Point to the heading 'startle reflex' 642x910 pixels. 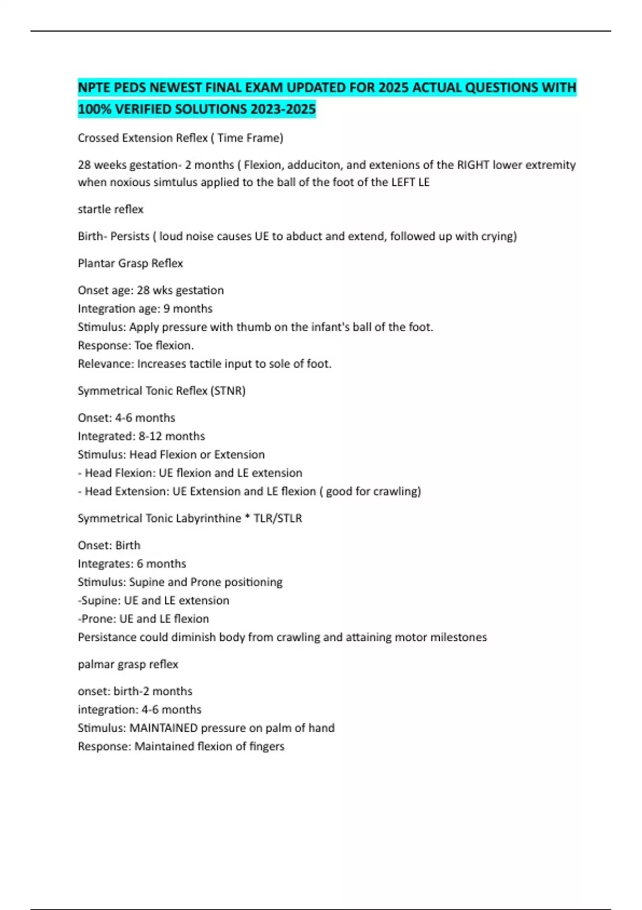pos(110,209)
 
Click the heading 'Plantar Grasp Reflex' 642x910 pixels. pos(130,263)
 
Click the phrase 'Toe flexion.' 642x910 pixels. pos(164,345)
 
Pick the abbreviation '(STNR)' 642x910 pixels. pos(228,391)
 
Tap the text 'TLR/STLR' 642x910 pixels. pos(278,518)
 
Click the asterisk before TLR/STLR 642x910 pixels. pos(247,518)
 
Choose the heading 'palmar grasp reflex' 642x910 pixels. pos(128,664)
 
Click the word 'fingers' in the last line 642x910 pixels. pos(266,746)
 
